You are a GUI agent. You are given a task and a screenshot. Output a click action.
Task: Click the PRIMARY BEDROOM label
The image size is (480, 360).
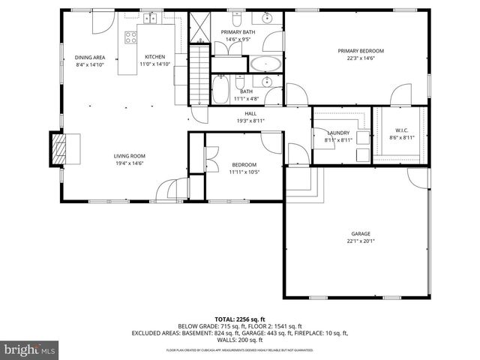point(360,51)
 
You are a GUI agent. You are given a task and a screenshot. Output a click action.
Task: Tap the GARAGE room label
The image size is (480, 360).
point(361,233)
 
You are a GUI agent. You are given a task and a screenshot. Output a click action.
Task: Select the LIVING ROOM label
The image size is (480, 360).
point(129,155)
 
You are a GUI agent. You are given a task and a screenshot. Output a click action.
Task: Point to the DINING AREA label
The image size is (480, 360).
point(89,57)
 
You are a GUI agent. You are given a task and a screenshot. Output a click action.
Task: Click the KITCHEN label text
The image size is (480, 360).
point(154,57)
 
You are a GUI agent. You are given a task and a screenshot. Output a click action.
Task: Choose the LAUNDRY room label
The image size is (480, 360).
point(338,133)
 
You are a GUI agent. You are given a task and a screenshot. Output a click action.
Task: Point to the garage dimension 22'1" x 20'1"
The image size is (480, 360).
point(361,241)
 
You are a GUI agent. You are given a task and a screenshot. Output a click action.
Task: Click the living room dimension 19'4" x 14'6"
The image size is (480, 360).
point(129,163)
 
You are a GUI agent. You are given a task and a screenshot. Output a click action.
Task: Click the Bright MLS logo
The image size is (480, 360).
point(29,349)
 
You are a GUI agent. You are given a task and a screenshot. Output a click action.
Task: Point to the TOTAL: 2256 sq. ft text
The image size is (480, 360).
point(239,318)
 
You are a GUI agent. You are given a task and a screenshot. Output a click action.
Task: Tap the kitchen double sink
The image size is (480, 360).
point(152,17)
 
